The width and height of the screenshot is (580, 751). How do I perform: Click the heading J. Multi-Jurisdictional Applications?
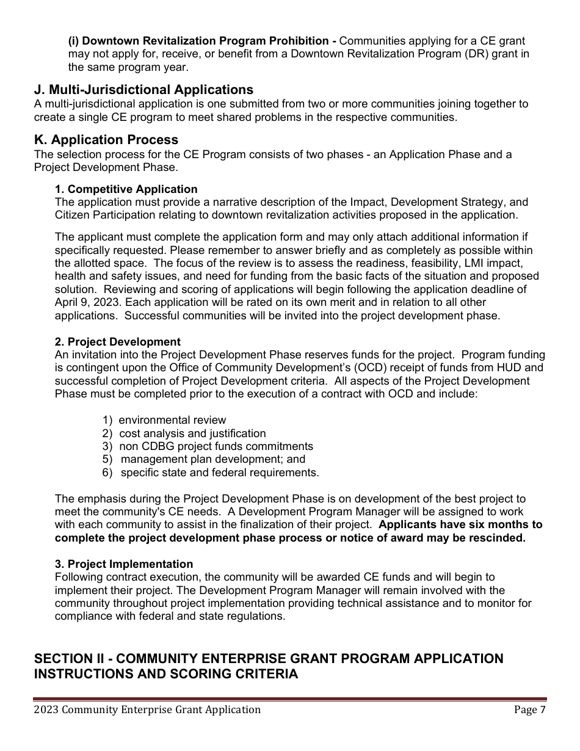[143, 90]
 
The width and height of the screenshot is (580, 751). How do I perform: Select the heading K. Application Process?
[106, 140]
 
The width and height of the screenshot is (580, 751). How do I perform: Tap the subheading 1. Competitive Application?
[126, 189]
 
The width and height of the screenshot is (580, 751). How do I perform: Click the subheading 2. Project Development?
[118, 342]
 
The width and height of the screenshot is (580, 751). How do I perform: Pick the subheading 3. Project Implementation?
[124, 564]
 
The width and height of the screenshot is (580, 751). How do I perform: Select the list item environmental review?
[172, 420]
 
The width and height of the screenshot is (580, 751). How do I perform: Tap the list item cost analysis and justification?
[192, 434]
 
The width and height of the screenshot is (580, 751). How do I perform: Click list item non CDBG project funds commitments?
[216, 446]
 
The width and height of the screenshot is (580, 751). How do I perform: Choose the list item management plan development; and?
[212, 459]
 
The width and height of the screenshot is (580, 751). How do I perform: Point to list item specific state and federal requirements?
[219, 473]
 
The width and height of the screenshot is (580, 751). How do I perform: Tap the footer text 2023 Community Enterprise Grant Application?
[147, 709]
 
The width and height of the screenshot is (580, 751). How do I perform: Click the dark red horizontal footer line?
[290, 699]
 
